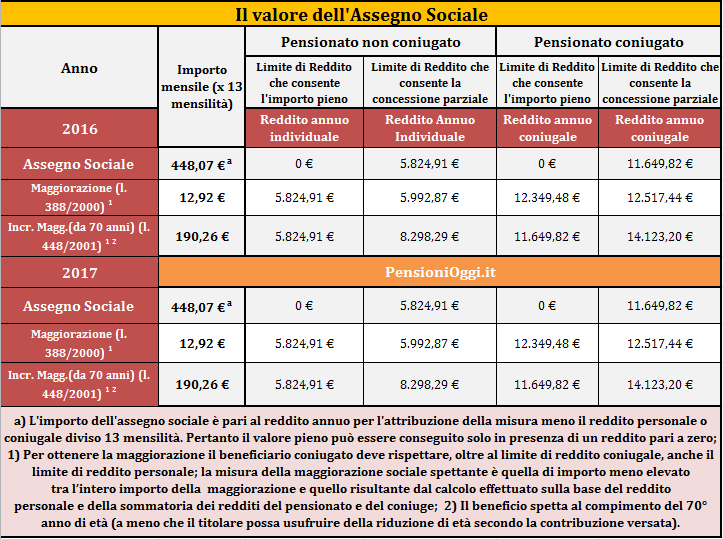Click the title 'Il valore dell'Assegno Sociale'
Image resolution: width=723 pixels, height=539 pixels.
click(x=362, y=15)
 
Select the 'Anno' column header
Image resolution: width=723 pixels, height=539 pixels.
click(x=79, y=68)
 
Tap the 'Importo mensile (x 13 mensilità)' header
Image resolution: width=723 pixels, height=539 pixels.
click(x=202, y=87)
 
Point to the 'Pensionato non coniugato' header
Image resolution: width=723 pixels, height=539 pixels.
click(x=371, y=42)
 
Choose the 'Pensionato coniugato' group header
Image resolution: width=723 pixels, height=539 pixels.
click(x=609, y=42)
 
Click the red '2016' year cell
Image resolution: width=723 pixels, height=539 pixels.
click(x=80, y=129)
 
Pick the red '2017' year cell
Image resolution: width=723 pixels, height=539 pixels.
click(x=80, y=272)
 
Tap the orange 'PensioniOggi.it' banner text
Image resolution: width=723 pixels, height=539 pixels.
click(x=440, y=272)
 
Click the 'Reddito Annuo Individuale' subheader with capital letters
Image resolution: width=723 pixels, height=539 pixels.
click(x=430, y=128)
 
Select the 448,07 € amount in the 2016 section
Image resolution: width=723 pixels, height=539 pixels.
click(x=201, y=165)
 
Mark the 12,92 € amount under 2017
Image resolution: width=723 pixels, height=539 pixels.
click(x=202, y=344)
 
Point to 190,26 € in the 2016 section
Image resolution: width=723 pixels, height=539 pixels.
click(x=202, y=237)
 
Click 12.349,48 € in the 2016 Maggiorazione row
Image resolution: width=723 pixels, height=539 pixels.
click(x=547, y=198)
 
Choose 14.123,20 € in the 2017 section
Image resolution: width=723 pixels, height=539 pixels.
click(x=660, y=385)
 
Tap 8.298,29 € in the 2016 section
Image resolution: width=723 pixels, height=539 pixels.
click(x=429, y=237)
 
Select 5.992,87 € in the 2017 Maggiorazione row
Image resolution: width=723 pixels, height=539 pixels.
click(x=429, y=344)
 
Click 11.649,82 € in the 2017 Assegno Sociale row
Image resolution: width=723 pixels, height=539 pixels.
click(x=660, y=306)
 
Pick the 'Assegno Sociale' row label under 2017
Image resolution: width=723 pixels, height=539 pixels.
click(x=78, y=306)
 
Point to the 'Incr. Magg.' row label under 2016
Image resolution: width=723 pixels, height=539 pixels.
click(x=79, y=237)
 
